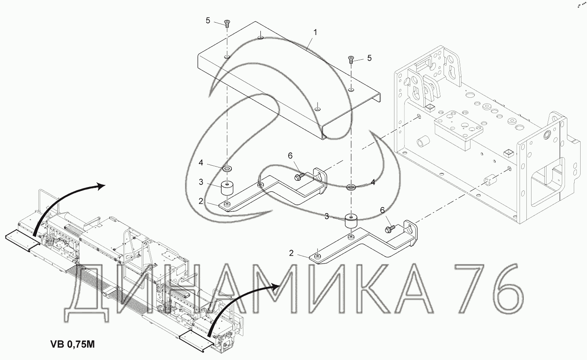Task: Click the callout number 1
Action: coord(315,32)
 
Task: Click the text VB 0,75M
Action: coord(73,344)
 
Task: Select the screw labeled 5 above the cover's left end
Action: coord(227,23)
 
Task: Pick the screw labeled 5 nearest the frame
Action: coord(351,59)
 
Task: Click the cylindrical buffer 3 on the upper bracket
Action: coord(227,188)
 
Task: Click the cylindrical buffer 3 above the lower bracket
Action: coord(351,221)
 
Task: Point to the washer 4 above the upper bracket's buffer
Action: coord(227,168)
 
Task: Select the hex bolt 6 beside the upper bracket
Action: coord(300,176)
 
